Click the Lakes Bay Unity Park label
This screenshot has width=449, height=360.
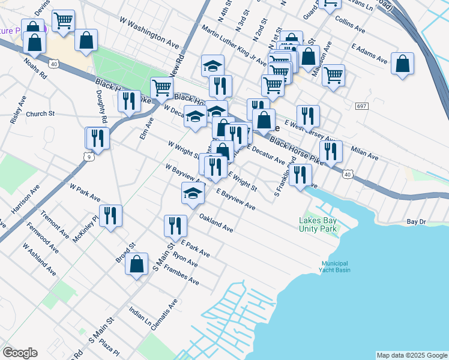click(319, 224)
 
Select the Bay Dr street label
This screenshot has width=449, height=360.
click(415, 222)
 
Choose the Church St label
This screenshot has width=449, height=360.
click(40, 113)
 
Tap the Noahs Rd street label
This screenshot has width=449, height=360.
click(35, 68)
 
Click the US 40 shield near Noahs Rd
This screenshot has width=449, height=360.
click(54, 64)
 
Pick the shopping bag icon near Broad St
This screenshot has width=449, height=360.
click(137, 263)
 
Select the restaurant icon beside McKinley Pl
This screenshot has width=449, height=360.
click(110, 215)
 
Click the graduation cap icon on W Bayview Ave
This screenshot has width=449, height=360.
click(192, 193)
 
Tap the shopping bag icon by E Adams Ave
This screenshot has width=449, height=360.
click(402, 63)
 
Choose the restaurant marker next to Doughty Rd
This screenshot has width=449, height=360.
click(97, 137)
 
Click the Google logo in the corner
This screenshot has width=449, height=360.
click(20, 353)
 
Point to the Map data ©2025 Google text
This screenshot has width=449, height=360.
click(411, 355)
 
